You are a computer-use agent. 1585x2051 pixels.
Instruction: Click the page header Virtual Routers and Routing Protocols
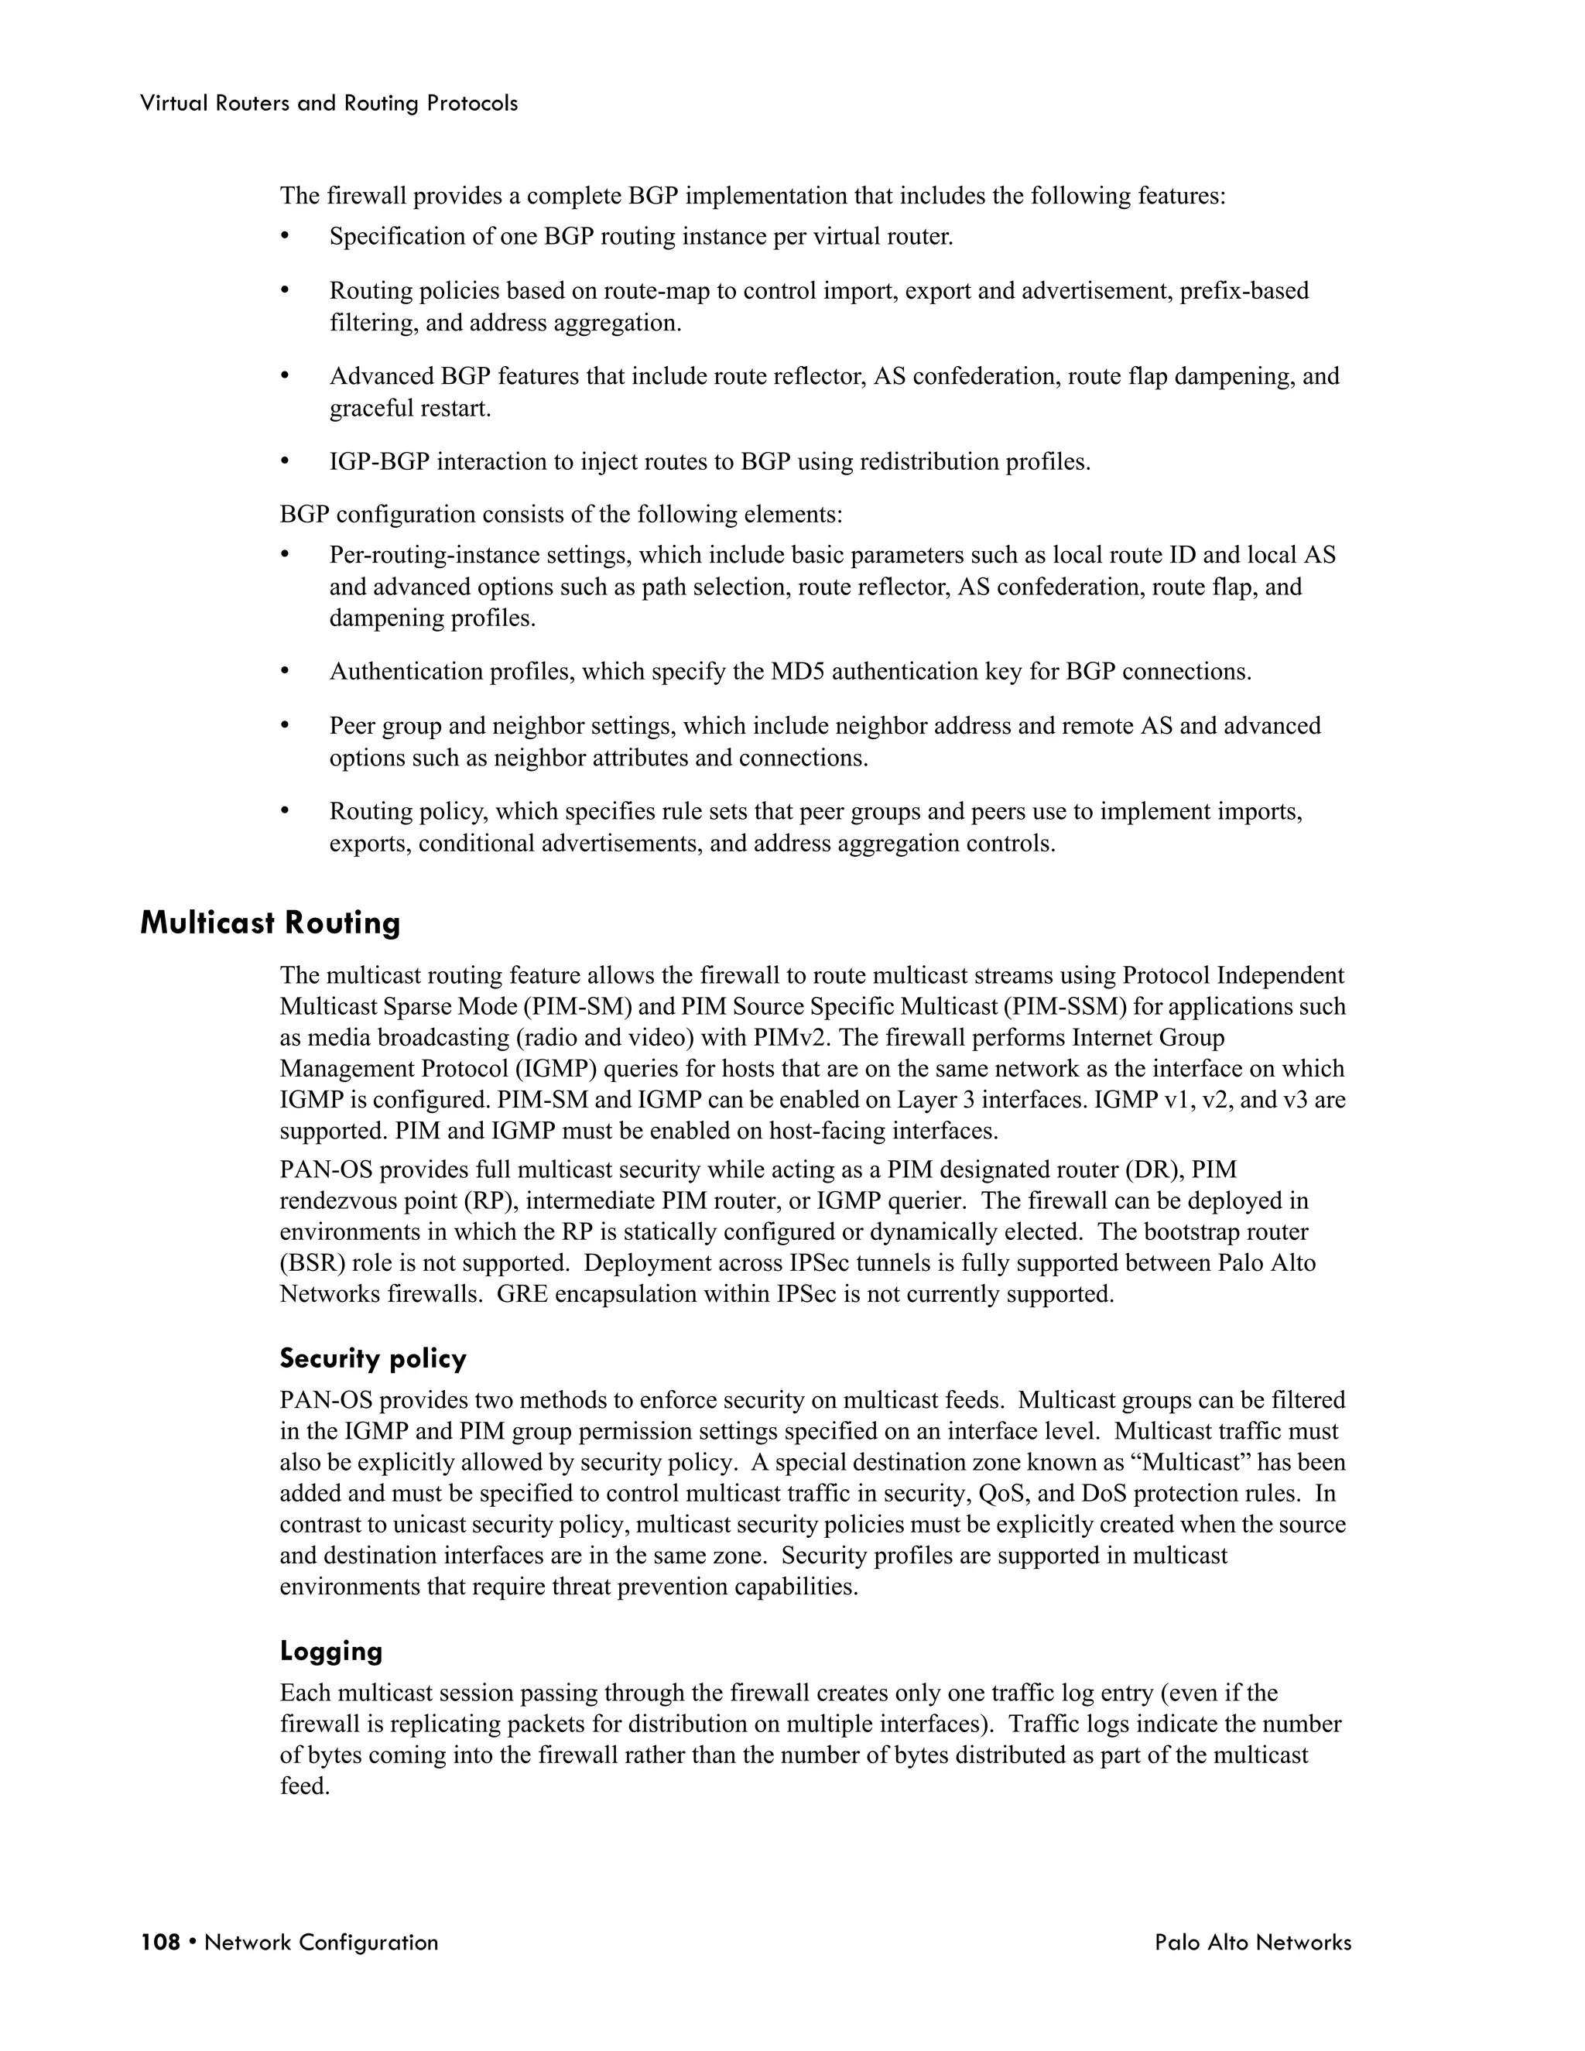click(x=329, y=103)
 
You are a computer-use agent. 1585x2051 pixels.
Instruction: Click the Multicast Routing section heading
click(x=270, y=923)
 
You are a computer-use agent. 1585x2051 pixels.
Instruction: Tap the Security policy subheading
click(x=373, y=1359)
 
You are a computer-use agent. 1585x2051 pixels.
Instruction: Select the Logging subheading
click(x=330, y=1651)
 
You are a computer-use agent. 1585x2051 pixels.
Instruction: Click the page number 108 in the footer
click(x=159, y=1942)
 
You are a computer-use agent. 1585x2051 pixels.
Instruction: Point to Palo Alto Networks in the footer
click(x=1253, y=1942)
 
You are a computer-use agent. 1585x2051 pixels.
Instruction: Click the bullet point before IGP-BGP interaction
click(x=286, y=462)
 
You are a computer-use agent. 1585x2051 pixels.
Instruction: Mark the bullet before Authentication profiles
click(x=286, y=673)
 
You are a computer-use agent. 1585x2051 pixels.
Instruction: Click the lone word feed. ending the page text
click(x=304, y=1786)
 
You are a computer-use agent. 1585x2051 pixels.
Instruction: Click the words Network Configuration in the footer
click(x=321, y=1942)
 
